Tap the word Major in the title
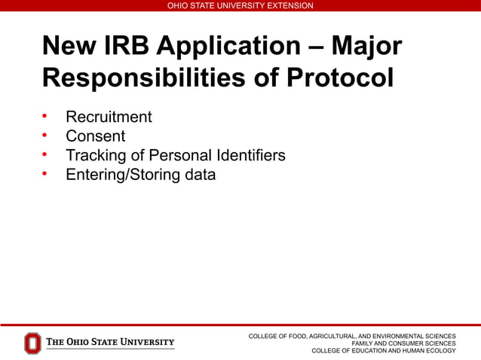[365, 47]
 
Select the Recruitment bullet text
[109, 117]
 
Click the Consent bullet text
[95, 136]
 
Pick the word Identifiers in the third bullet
[250, 155]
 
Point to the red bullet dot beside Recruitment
[45, 117]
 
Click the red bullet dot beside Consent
[45, 136]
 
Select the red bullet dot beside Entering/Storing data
[45, 175]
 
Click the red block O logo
[32, 343]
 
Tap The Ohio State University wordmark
[110, 343]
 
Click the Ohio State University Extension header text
[240, 5]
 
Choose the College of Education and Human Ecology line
[383, 351]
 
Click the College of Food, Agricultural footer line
[352, 336]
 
